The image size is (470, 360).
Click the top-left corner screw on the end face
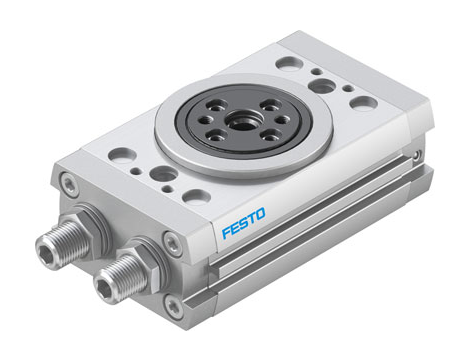[69, 183]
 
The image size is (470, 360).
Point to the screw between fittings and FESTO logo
[173, 240]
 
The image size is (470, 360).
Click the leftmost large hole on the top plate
[121, 155]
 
